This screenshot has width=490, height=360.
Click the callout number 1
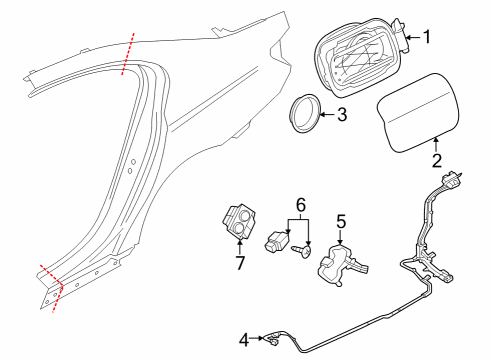tap(427, 37)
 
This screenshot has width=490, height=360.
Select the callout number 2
tap(437, 161)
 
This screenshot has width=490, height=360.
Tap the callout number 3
tap(342, 114)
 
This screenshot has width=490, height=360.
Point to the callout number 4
tap(244, 340)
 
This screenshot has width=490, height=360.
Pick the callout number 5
tap(341, 222)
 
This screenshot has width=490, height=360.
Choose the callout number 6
tap(301, 205)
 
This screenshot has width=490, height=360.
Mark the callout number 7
tap(240, 263)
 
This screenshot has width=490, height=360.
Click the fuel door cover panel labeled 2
tap(418, 113)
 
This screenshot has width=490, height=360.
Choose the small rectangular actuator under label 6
tap(277, 242)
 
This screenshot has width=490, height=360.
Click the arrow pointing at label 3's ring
tap(329, 114)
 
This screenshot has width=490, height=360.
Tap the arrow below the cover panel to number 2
tap(436, 145)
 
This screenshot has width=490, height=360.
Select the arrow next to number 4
tap(257, 338)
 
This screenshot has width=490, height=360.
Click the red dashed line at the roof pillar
tap(128, 54)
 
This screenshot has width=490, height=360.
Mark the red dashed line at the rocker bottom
tap(53, 287)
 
